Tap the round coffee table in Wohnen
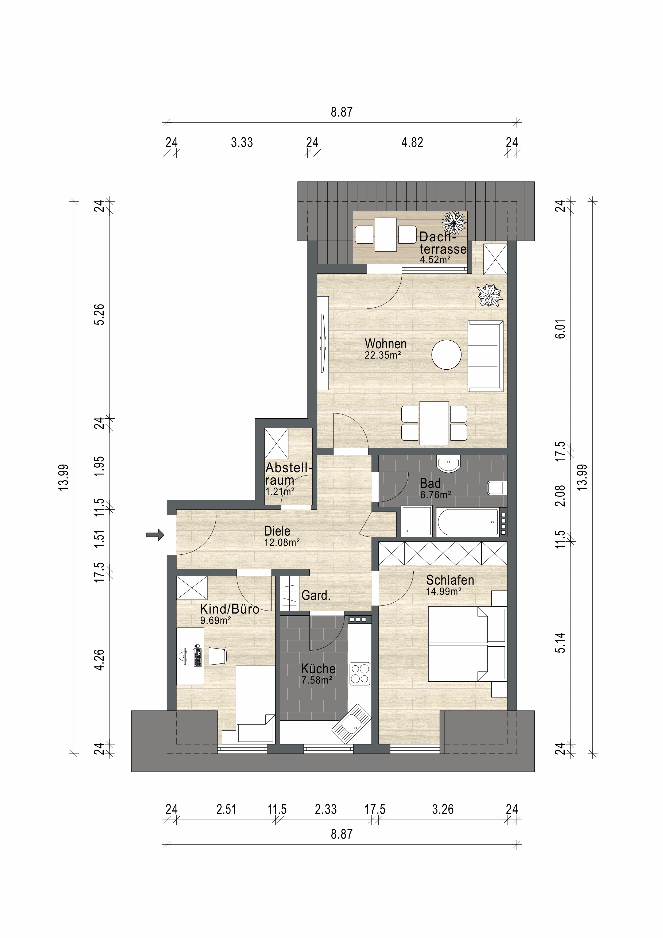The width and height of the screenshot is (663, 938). click(447, 355)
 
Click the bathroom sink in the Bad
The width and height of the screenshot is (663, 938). click(448, 464)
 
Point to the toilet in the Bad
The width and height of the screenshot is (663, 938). click(497, 488)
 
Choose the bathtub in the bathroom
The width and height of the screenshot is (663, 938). click(467, 522)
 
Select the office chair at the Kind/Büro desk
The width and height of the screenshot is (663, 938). click(217, 656)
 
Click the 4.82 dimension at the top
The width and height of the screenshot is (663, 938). click(412, 142)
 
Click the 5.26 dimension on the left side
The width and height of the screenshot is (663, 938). click(99, 315)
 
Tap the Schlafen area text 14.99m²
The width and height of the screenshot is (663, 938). click(444, 591)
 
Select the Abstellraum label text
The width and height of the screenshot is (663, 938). click(288, 474)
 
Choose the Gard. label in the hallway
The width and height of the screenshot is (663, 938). click(316, 595)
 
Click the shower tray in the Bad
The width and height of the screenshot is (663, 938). click(417, 521)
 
